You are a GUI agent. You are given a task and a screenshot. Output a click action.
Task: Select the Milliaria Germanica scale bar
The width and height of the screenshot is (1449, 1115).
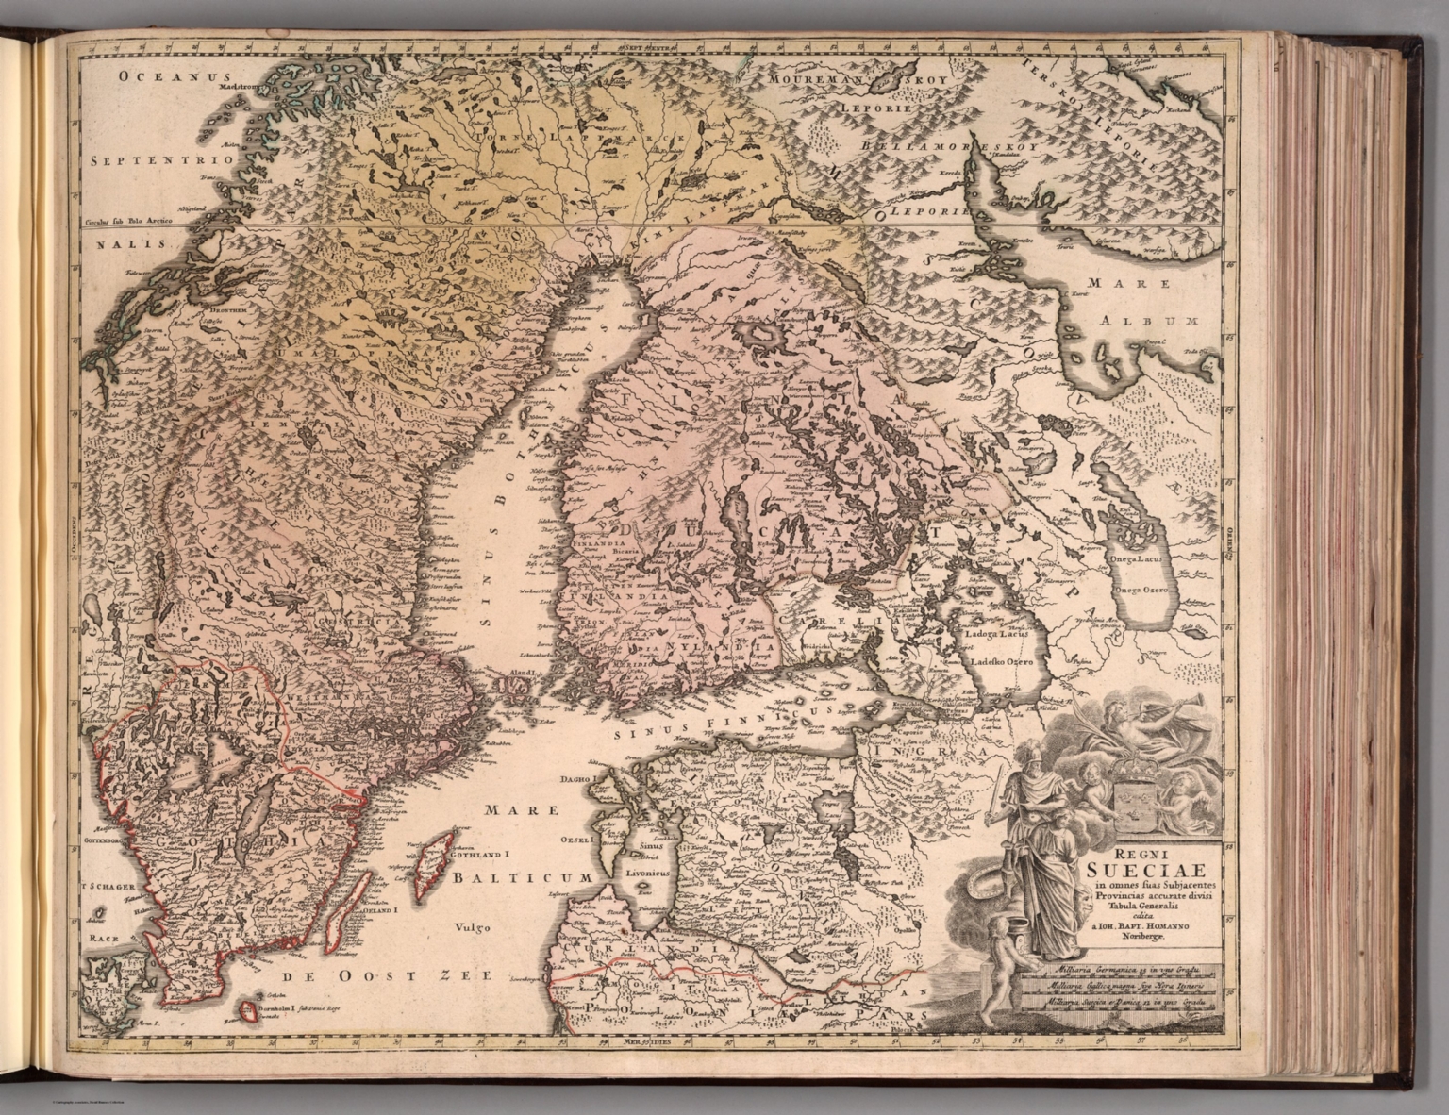point(1123,969)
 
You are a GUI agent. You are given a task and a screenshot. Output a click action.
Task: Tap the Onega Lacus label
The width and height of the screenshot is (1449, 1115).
point(1141,558)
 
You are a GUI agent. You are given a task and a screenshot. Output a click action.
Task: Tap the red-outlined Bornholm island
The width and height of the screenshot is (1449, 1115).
point(246,1012)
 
